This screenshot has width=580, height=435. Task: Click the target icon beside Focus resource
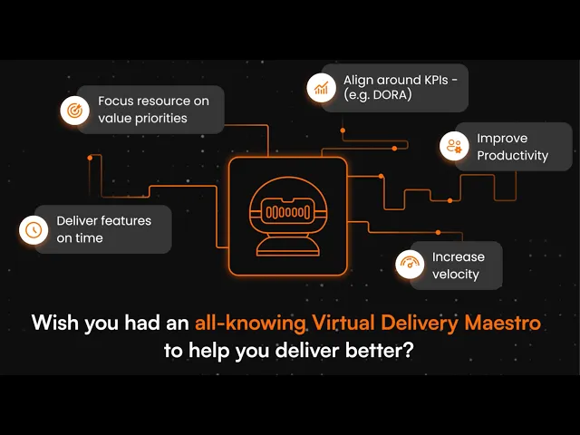click(73, 110)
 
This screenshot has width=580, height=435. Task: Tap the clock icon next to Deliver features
click(34, 229)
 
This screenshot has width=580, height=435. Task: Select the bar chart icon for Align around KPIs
click(320, 87)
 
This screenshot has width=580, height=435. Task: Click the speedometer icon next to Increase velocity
click(410, 265)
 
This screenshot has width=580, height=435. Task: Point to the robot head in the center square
click(287, 208)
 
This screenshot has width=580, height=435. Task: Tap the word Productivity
click(512, 156)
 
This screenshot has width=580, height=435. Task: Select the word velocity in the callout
click(455, 274)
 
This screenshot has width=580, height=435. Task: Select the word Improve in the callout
click(502, 139)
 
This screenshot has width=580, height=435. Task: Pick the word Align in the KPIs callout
click(360, 78)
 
